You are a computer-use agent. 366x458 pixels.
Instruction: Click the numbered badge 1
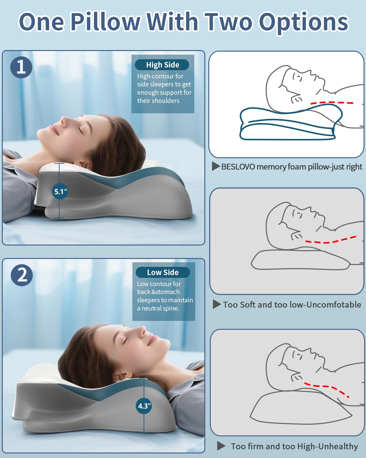(21, 67)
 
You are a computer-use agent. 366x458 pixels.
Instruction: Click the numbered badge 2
(22, 275)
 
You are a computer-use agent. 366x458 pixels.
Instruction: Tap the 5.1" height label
(60, 192)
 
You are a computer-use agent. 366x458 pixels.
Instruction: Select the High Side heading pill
(162, 65)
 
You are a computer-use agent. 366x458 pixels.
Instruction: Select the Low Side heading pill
(163, 272)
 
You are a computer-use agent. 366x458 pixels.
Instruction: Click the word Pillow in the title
(105, 22)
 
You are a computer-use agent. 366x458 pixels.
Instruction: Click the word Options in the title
(303, 22)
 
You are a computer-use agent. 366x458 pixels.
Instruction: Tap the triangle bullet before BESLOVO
(216, 166)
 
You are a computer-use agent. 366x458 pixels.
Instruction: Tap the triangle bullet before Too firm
(221, 446)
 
